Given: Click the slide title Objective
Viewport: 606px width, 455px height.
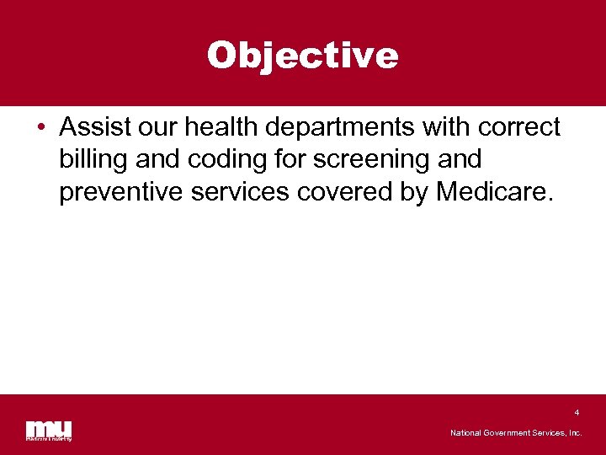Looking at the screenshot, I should (x=302, y=56).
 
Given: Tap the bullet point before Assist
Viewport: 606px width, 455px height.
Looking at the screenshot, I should (x=40, y=129).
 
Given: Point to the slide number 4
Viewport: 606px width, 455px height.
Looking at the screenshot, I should (x=577, y=413).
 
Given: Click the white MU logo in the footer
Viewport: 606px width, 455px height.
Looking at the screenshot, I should (x=48, y=430).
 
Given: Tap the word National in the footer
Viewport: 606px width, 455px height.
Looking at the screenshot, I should (x=466, y=433).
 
